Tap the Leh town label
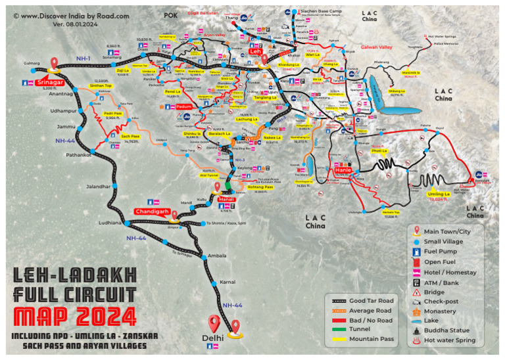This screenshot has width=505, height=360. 255,51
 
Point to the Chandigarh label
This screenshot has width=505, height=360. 153,212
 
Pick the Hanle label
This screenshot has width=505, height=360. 343,170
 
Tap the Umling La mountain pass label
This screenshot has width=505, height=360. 439,194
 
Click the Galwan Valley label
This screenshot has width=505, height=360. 377,47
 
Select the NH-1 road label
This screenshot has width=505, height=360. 83,58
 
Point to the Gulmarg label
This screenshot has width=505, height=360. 32,63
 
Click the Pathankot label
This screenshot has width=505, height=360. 78,154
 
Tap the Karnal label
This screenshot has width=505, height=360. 228,281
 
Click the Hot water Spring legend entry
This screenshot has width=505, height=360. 450,340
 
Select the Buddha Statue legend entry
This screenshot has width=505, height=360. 449,330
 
